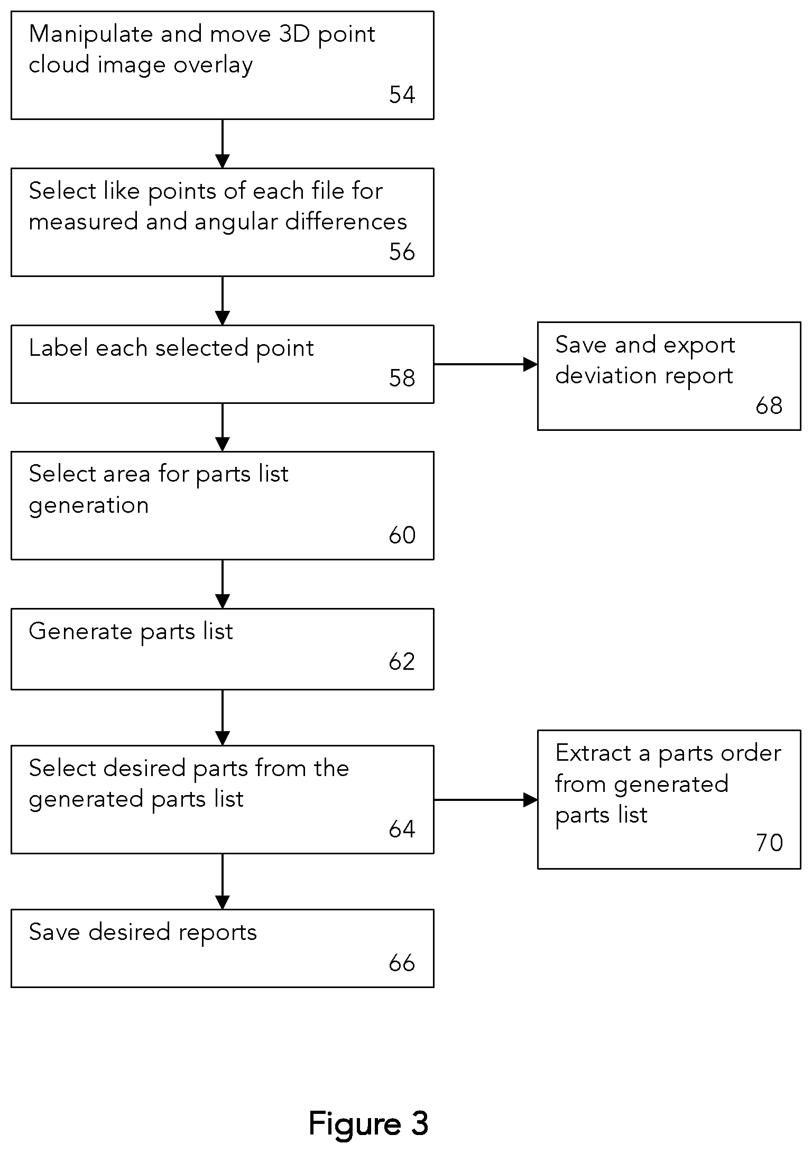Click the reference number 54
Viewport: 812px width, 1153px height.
402,95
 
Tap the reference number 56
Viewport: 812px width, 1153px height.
402,252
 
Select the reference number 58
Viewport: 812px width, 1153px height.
402,378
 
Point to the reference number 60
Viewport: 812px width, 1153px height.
402,535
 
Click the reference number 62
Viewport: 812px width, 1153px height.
402,661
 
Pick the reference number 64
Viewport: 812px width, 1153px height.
402,829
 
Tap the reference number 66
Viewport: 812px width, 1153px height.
402,963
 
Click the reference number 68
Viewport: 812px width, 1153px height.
769,405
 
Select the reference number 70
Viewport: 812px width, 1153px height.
769,843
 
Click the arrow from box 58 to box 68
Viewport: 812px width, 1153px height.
486,364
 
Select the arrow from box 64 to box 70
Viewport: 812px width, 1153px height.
486,800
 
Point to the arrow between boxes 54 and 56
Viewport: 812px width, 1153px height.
223,144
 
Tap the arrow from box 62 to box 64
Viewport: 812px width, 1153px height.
223,717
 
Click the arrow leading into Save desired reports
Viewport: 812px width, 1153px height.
223,881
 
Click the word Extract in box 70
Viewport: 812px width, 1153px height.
593,753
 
